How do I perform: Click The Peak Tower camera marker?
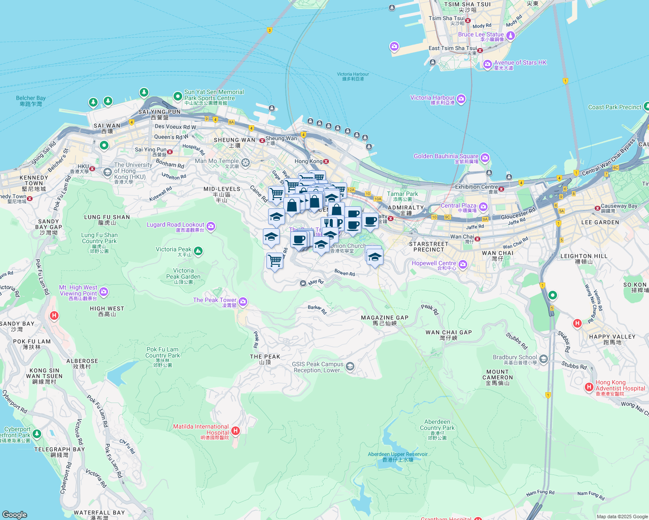[243, 301]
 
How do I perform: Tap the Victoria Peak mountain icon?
[198, 250]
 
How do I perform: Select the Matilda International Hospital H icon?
[236, 430]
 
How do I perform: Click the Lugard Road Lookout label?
[175, 225]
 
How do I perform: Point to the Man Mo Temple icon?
[246, 162]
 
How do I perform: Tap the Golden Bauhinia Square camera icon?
[485, 157]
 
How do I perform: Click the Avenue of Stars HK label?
[520, 63]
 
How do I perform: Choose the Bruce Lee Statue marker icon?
[511, 36]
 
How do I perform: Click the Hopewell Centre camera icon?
[463, 264]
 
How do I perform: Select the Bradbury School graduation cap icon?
[544, 359]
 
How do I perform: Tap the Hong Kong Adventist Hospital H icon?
[589, 387]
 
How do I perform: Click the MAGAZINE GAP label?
[384, 318]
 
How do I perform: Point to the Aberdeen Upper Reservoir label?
[397, 455]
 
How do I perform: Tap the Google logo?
[15, 515]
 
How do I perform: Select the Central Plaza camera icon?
[483, 207]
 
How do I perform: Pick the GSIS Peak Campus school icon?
[350, 367]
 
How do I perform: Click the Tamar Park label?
[402, 194]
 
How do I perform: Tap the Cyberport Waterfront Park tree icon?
[37, 433]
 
